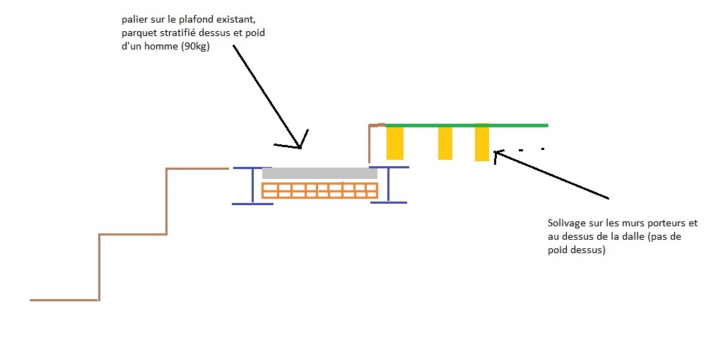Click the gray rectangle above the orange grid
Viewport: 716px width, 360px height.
tap(319, 173)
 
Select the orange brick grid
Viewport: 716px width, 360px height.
tap(319, 190)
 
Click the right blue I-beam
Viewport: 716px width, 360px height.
tap(388, 185)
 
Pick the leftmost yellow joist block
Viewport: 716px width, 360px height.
tap(394, 143)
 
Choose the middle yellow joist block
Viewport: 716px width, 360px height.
tap(445, 143)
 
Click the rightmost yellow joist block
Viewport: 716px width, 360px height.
tap(482, 144)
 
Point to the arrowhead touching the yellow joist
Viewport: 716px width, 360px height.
tap(497, 153)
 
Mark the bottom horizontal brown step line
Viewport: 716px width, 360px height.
tap(64, 300)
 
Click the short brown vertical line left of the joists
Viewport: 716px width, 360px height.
tap(370, 144)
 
